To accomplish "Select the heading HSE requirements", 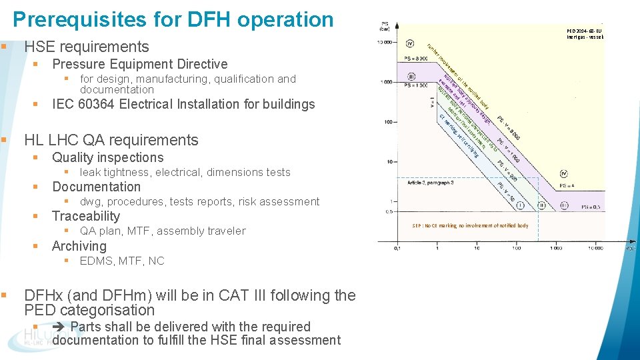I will (x=87, y=47).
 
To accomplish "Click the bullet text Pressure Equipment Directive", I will (x=139, y=64).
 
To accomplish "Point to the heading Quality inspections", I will (x=107, y=157).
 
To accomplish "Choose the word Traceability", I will (x=86, y=216).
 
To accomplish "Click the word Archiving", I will (x=79, y=245).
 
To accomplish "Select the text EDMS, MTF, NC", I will (x=122, y=261).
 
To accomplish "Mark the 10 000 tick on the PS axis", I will (x=384, y=43).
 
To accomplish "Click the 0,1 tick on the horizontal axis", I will (x=397, y=248).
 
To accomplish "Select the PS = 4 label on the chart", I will (x=568, y=185).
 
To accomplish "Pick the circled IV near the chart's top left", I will (x=409, y=43).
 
